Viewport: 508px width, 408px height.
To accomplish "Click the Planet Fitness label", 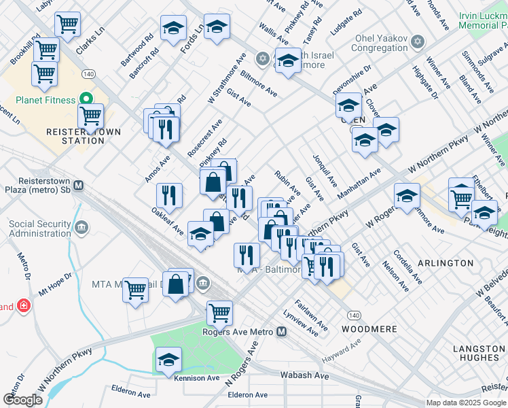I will click(x=37, y=100).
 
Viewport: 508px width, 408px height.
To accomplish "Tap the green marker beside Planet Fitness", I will click(x=86, y=100).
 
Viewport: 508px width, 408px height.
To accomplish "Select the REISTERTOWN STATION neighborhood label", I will click(x=74, y=136).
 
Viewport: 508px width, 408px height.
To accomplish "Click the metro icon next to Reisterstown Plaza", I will click(x=79, y=185).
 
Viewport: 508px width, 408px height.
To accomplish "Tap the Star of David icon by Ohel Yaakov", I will click(x=418, y=43).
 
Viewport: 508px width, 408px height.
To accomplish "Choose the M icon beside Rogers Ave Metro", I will click(x=281, y=332).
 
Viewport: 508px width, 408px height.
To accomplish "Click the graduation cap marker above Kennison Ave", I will click(x=169, y=361).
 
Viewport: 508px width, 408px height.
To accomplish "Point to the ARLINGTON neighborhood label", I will click(x=446, y=262).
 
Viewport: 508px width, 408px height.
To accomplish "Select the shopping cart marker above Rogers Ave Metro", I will click(x=219, y=313).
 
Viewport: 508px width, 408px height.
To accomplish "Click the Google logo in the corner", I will click(x=23, y=400).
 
